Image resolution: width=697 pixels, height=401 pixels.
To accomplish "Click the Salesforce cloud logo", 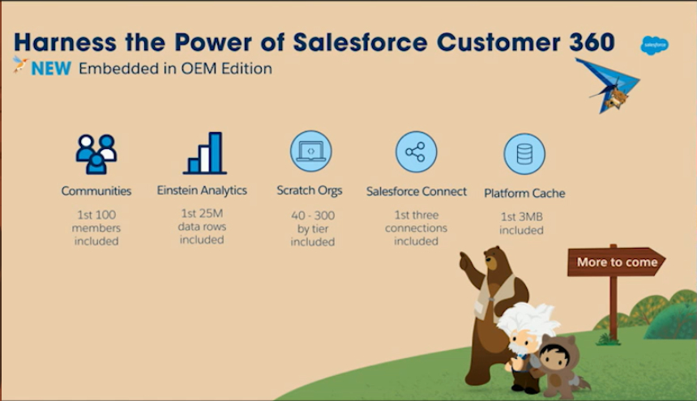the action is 654,45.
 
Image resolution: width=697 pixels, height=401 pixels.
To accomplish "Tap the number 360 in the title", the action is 592,42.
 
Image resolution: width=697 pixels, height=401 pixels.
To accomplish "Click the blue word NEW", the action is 51,68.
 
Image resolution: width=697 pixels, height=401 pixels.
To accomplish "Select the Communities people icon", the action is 96,154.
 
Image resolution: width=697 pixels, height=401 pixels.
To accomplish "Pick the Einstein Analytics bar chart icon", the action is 205,153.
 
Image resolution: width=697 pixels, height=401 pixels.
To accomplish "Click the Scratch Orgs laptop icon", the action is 310,151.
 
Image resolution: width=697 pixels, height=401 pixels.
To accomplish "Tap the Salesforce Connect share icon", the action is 416,151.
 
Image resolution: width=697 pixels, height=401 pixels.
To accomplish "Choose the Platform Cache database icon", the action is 524,154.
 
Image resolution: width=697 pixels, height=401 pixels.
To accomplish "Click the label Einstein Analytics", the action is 202,190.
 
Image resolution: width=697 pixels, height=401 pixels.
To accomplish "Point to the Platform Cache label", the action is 524,193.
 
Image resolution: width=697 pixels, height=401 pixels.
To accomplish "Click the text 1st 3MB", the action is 521,217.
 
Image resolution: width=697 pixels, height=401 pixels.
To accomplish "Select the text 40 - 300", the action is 313,215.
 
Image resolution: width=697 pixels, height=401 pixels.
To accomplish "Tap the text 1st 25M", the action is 202,213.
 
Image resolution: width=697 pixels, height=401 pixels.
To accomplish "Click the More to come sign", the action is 616,262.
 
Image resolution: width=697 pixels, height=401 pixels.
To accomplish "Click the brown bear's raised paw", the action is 465,261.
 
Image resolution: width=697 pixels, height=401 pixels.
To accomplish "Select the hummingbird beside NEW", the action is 19,64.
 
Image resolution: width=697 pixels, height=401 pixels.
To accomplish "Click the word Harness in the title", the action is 66,43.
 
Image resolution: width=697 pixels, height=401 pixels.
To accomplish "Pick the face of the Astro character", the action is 554,357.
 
